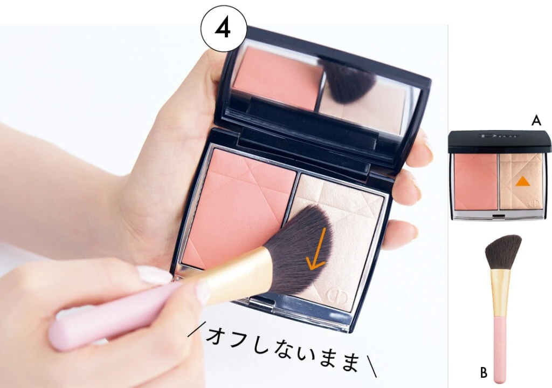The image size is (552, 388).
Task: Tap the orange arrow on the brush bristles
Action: [318, 249]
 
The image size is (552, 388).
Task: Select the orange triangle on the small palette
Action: [522, 181]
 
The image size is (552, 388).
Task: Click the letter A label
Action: [536, 121]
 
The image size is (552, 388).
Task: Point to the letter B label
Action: [484, 372]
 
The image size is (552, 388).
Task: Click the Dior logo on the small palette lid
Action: [497, 135]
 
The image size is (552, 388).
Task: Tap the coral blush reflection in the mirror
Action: [278, 78]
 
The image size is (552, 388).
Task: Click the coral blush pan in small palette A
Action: [475, 182]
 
